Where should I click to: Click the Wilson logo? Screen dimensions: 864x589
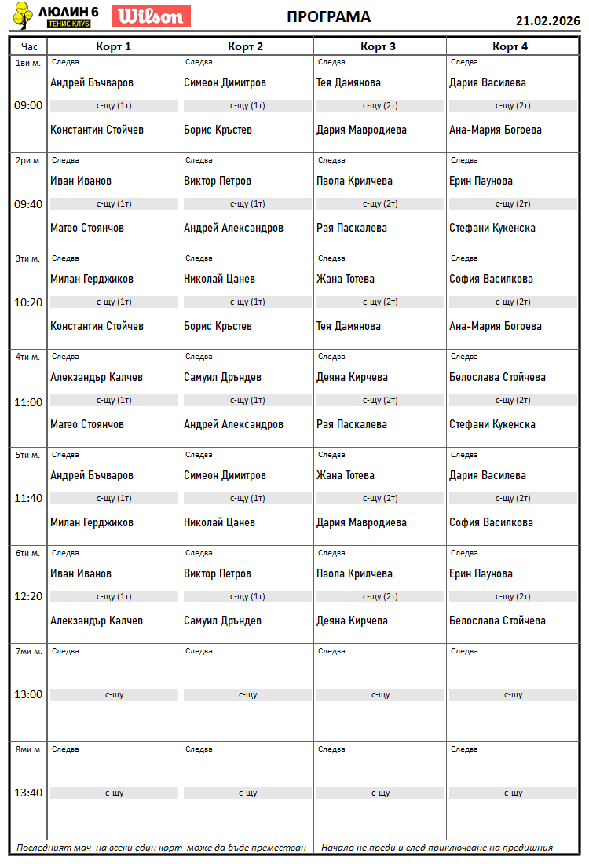(x=152, y=16)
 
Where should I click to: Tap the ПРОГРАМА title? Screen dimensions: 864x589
(x=328, y=17)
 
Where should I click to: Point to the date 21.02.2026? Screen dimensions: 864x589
(x=547, y=20)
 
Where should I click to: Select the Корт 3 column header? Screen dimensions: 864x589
(x=378, y=46)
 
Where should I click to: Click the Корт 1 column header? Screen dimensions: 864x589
(x=113, y=46)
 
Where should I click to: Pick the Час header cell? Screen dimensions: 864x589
(x=28, y=46)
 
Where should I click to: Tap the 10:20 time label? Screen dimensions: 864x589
(x=28, y=302)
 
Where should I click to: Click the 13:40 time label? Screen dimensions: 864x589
(x=28, y=793)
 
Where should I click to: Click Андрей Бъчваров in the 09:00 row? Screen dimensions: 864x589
(x=92, y=82)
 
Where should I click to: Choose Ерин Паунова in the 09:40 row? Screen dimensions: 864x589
(x=481, y=181)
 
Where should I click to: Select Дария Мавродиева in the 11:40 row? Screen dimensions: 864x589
(x=361, y=522)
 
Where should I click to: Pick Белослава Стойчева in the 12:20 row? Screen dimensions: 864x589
(x=497, y=621)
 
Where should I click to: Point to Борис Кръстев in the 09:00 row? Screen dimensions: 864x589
(x=218, y=130)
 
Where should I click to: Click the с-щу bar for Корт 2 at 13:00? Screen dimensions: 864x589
(x=247, y=694)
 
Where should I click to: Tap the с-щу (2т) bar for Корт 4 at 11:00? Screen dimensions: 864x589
(x=512, y=401)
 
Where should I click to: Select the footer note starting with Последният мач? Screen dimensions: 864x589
(x=161, y=848)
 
